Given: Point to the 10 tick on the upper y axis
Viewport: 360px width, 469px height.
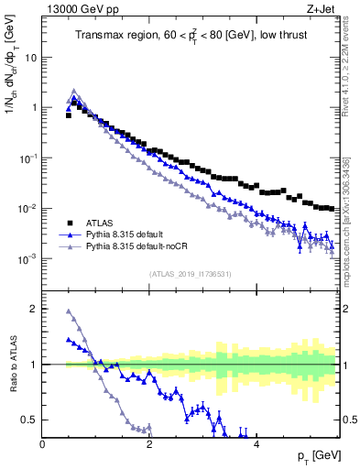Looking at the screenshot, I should (31, 57).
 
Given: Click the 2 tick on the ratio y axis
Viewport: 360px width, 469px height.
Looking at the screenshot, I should (33, 309).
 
